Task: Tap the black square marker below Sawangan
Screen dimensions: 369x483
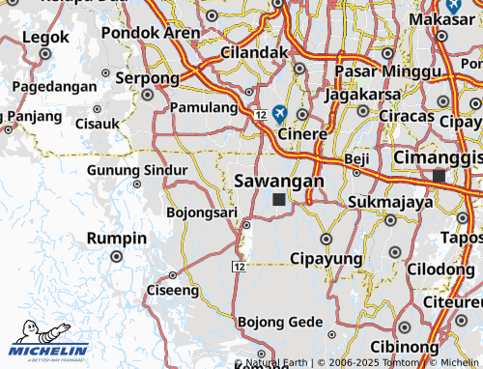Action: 279,199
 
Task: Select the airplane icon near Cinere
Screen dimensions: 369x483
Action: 280,113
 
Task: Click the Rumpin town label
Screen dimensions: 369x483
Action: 117,239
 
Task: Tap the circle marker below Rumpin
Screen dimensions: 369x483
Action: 117,257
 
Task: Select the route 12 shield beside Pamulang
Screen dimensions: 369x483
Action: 262,115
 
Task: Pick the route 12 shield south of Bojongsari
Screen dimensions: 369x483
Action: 239,265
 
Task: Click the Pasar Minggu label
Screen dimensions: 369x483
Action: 373,71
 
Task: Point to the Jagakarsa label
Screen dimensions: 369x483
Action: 362,95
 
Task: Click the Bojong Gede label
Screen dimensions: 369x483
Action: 281,322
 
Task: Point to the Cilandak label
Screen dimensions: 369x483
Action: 255,52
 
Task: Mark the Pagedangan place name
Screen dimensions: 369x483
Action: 55,86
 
